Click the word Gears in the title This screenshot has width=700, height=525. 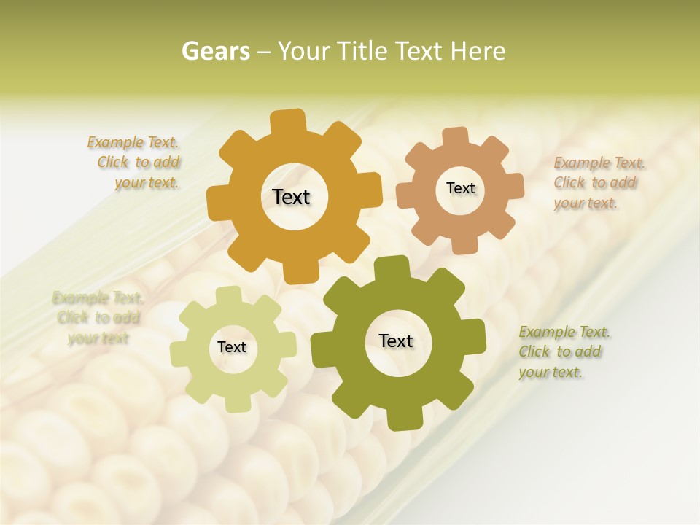click(x=215, y=51)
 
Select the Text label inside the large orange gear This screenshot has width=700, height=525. click(x=291, y=197)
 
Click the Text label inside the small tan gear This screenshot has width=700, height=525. click(x=460, y=188)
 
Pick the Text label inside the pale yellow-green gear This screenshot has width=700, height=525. click(x=232, y=347)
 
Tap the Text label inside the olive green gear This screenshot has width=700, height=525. click(x=396, y=341)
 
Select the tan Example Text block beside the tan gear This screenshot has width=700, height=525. click(x=595, y=182)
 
